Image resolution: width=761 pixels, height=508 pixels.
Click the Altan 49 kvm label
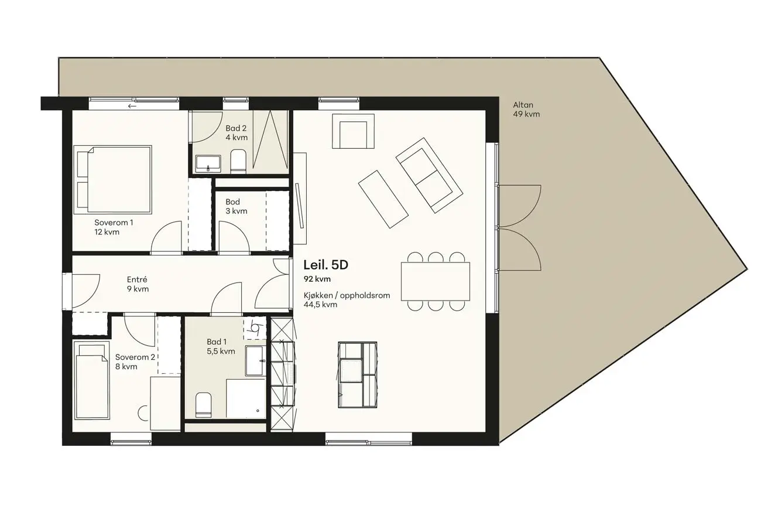[526, 110]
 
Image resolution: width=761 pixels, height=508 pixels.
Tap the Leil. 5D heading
[326, 265]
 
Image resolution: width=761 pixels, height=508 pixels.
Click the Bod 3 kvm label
[236, 206]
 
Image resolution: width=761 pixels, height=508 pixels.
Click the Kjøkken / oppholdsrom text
[347, 295]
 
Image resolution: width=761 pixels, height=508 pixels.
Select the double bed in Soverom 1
[112, 180]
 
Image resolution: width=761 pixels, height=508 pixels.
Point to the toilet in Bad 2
[238, 161]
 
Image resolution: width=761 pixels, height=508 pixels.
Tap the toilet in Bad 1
[204, 405]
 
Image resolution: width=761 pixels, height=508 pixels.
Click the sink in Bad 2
[208, 164]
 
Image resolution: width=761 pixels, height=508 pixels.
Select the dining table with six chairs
[436, 282]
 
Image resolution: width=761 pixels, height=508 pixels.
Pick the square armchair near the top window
[354, 131]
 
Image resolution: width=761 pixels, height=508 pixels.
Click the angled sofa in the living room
[430, 175]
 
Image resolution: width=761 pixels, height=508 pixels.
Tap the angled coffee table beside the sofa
[383, 199]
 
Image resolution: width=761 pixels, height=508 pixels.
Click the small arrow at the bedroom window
[132, 106]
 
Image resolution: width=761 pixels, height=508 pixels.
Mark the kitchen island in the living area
[358, 375]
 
